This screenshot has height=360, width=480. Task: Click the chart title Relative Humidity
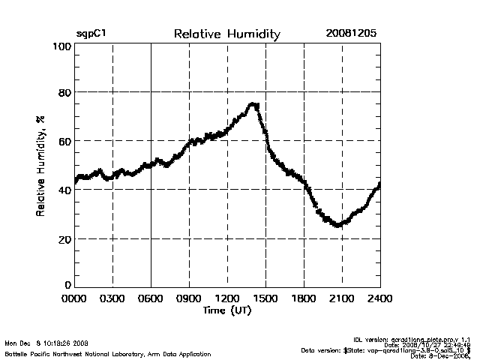pos(227,34)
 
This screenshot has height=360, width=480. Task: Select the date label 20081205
pos(351,34)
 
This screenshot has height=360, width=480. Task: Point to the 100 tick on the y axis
pos(62,46)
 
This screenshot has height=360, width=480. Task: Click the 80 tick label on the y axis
pos(65,92)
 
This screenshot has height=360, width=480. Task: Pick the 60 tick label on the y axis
pos(65,141)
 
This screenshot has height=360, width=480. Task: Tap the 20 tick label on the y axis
pos(65,239)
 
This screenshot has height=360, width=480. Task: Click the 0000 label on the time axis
pos(75,298)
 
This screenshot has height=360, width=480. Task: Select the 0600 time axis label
pos(151,298)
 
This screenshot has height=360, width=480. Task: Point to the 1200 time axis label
pos(228,298)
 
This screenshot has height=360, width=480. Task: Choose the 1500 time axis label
pos(266,298)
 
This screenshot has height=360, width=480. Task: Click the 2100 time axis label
pos(342,298)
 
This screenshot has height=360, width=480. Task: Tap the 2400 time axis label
pos(379,298)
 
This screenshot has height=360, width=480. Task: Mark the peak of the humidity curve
pos(254,104)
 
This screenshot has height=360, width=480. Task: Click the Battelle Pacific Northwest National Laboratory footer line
pos(107,353)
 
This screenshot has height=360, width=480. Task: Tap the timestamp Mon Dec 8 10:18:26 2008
pos(46,342)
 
